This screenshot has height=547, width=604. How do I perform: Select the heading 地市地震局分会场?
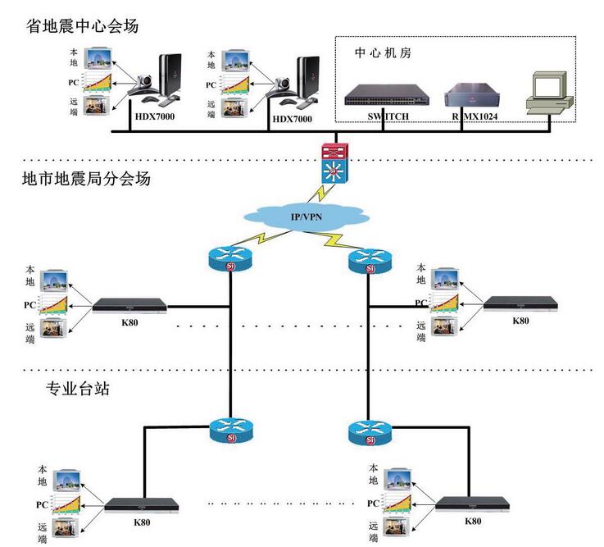[86, 178]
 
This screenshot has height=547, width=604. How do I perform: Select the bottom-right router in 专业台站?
[370, 432]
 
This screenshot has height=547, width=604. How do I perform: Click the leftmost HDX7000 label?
[155, 118]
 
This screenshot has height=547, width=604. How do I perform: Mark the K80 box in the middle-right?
[520, 305]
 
